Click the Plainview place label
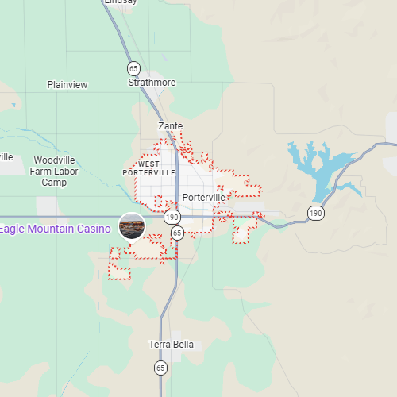click(x=67, y=84)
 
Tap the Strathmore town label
click(x=152, y=82)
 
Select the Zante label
click(x=171, y=126)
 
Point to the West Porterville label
click(x=149, y=168)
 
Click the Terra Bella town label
click(x=172, y=345)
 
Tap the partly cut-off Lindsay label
click(x=120, y=2)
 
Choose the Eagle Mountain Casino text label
click(x=56, y=229)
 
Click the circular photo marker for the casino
click(x=132, y=227)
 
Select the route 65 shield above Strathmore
click(x=133, y=67)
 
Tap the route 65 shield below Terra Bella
click(x=161, y=368)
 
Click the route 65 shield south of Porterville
click(x=177, y=233)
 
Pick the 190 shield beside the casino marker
click(x=172, y=217)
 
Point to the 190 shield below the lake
click(x=316, y=213)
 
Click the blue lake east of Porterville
click(x=322, y=167)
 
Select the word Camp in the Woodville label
click(x=54, y=183)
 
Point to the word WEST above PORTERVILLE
click(x=149, y=164)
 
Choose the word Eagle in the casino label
click(x=13, y=229)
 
